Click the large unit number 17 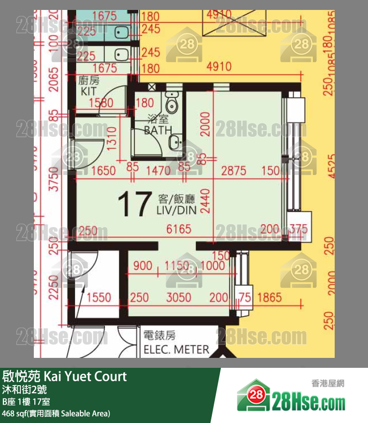134,204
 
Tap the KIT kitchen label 89,91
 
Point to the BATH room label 158,130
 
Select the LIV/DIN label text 177,210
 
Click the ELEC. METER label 176,349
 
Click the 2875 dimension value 234,171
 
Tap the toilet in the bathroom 172,103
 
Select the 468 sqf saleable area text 56,413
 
